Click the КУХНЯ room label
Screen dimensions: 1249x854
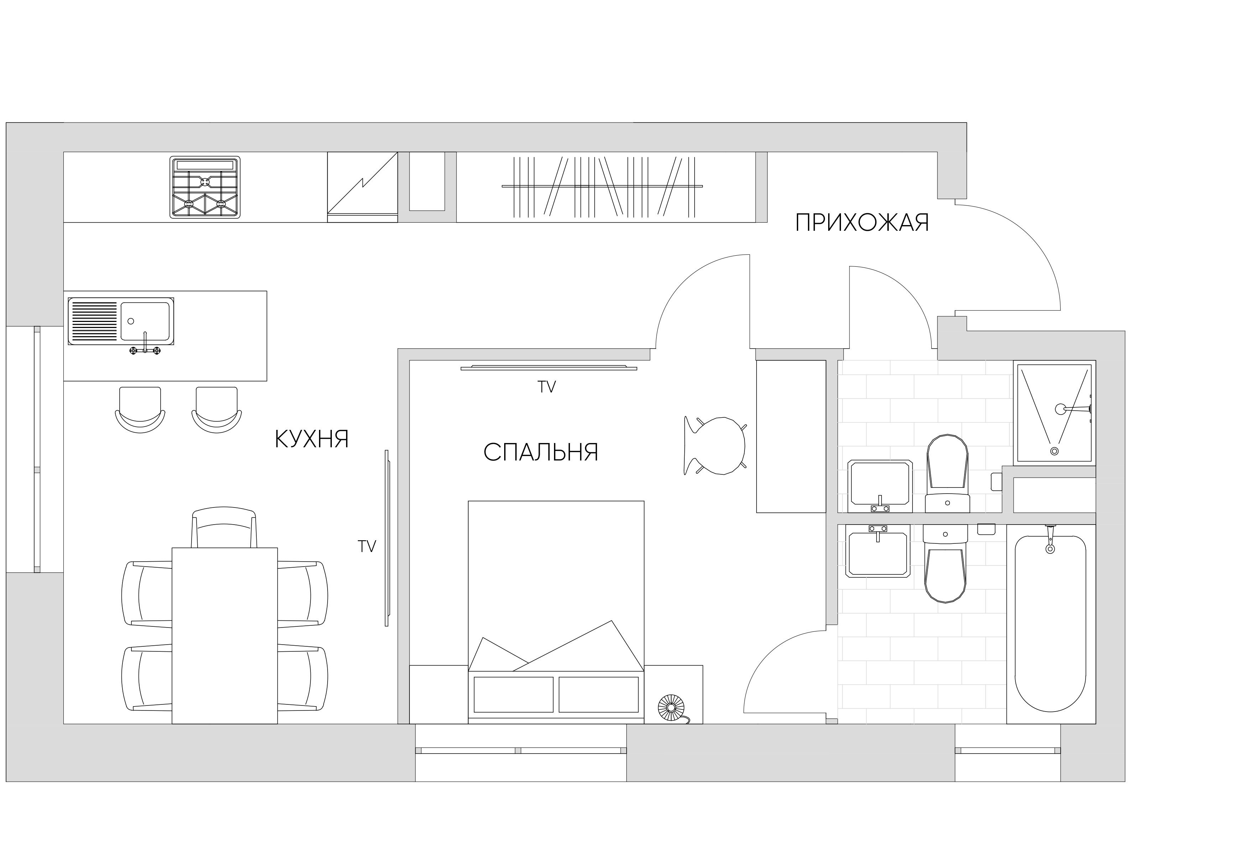312,439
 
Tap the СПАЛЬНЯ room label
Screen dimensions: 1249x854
541,453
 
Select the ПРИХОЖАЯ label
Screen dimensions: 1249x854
862,223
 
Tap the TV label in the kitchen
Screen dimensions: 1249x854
367,547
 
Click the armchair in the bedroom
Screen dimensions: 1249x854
715,446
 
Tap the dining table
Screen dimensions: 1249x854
225,636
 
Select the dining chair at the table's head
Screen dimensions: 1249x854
224,527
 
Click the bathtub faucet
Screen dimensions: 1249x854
1050,539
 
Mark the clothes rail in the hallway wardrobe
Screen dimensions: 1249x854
602,186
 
